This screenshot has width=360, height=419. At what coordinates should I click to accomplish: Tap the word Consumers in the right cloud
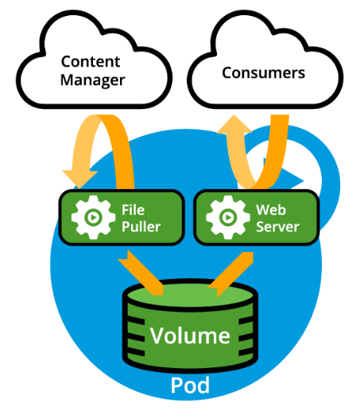(263, 72)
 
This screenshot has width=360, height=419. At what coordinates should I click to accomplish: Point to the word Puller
(141, 227)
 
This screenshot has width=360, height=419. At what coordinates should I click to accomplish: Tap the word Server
(277, 227)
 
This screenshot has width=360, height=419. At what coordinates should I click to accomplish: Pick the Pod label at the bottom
(190, 386)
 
